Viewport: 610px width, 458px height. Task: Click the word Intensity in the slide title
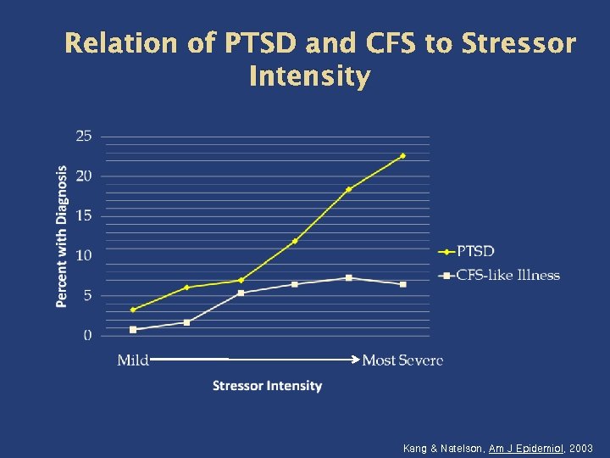309,77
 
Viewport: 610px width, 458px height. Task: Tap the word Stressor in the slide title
518,44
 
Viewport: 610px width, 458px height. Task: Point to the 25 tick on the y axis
85,136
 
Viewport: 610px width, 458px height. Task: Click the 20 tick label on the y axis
85,176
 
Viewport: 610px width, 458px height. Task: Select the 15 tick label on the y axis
85,215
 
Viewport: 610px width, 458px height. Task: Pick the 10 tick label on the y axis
85,255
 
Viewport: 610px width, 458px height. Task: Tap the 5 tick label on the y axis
88,295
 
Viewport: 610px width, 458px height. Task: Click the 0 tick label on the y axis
88,335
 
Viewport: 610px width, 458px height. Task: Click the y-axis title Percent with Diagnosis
62,236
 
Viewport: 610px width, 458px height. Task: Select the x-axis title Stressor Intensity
267,386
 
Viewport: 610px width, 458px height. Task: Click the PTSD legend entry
475,251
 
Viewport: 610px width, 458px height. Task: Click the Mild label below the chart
133,360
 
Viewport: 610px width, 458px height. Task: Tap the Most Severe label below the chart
402,360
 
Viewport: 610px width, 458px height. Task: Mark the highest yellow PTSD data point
402,156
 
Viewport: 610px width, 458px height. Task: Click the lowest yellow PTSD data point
133,310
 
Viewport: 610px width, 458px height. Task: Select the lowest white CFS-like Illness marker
133,329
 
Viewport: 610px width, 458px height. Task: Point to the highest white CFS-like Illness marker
348,277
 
